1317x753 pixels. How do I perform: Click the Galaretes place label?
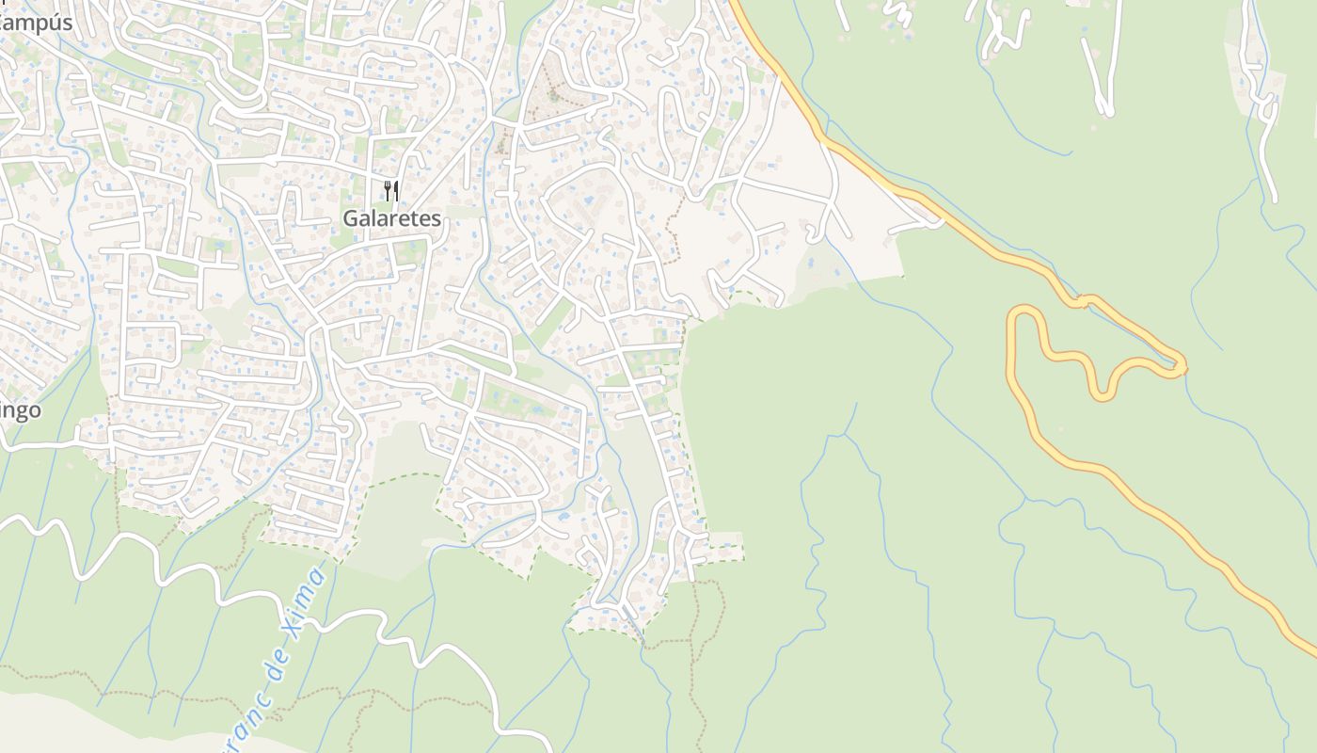[x=391, y=218]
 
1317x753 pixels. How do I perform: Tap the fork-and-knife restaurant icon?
[x=391, y=190]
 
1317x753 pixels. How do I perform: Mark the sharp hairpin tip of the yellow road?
[x=1182, y=365]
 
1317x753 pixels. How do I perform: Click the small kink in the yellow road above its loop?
[x=1084, y=301]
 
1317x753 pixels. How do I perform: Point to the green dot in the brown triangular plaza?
[x=553, y=94]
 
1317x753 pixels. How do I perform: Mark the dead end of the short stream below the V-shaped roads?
[x=1071, y=152]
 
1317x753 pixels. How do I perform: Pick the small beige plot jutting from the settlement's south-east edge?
[x=724, y=546]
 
